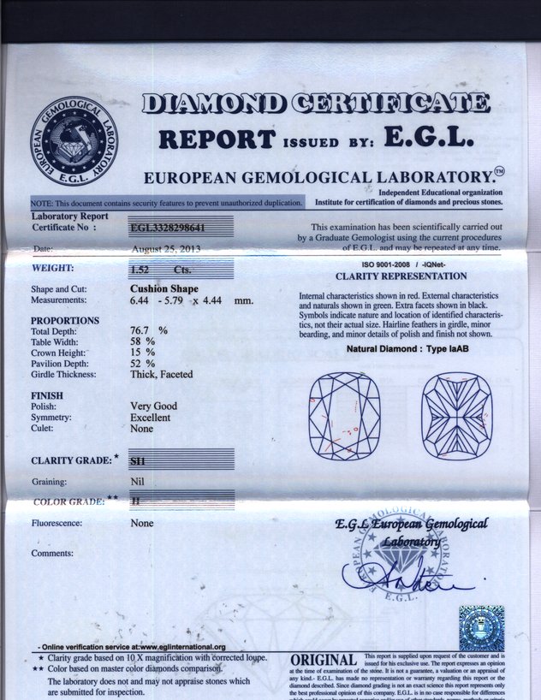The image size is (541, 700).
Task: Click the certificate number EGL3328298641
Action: point(168,228)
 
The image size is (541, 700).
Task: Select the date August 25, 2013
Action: point(167,249)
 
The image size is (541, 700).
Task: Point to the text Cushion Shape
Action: point(163,289)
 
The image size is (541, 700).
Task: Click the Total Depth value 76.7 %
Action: point(148,330)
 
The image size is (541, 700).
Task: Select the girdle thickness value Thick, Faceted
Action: point(161,375)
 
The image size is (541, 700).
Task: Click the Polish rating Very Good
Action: point(154,406)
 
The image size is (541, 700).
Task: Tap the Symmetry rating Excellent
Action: point(150,418)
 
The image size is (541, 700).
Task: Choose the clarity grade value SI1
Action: point(137,460)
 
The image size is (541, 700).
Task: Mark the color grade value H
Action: point(136,500)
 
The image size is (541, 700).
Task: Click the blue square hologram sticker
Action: point(481,629)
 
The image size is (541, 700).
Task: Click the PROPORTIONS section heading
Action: point(65,320)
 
